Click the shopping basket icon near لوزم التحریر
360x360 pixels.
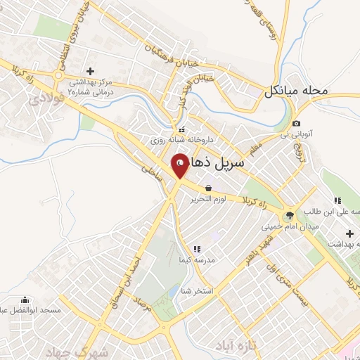[209, 188]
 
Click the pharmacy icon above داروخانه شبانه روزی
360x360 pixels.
[182, 129]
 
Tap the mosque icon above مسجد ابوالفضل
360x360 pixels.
[25, 299]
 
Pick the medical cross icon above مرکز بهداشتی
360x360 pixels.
[89, 71]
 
